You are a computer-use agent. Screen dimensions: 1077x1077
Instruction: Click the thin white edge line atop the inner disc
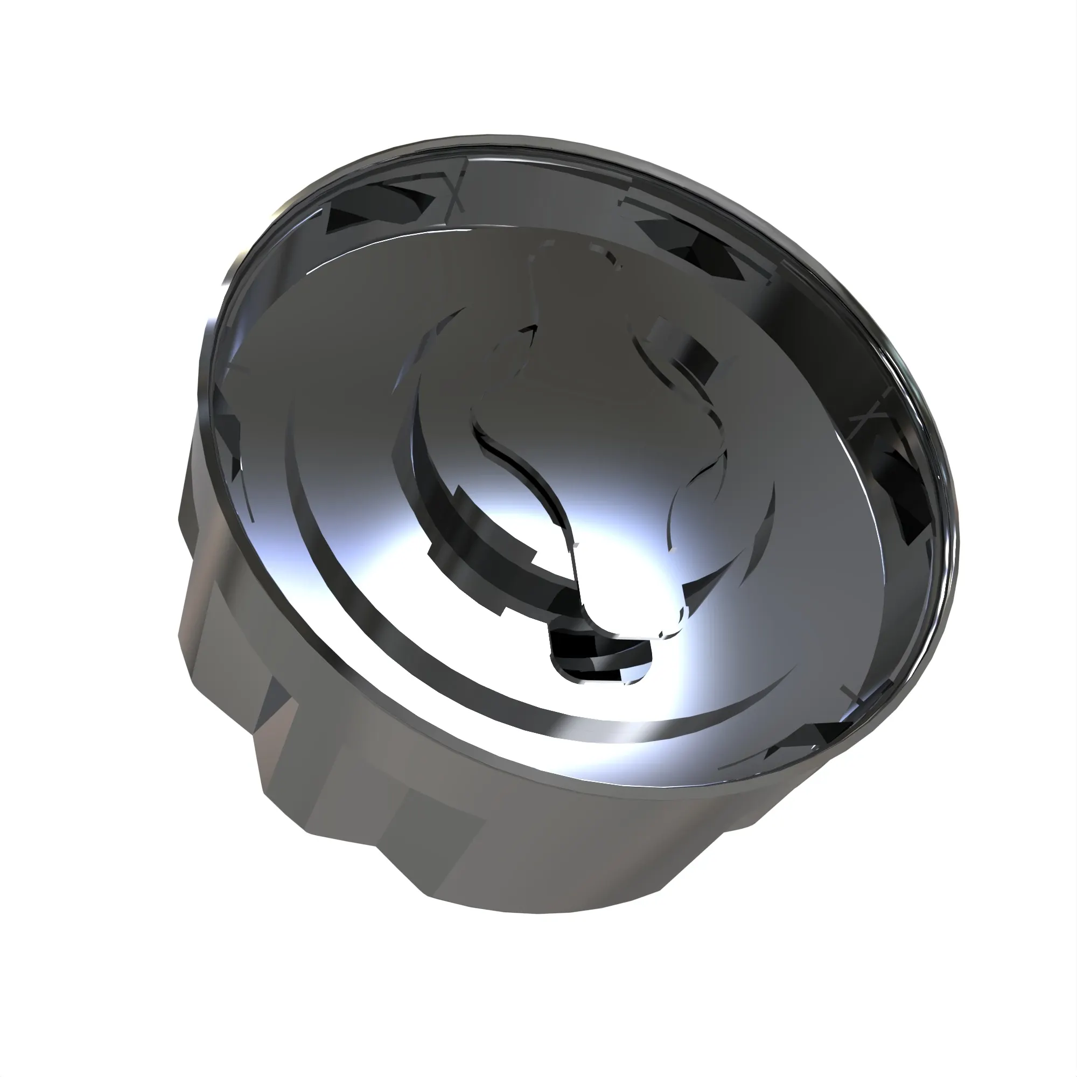tap(357, 251)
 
